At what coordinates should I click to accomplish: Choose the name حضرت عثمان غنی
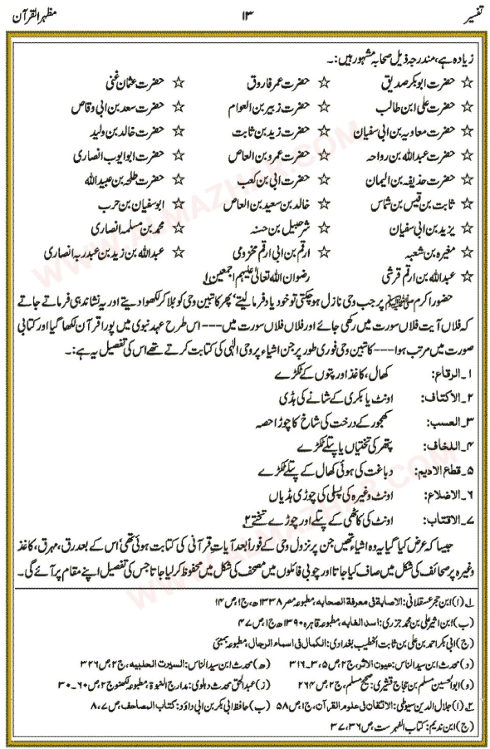pyautogui.click(x=131, y=82)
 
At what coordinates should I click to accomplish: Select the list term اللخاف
pyautogui.click(x=444, y=447)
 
